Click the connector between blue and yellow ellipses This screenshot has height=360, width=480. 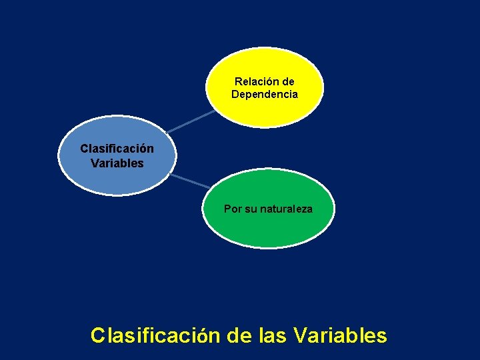[x=189, y=121]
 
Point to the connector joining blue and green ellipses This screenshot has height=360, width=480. [x=189, y=181]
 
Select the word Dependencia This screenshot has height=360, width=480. [x=265, y=94]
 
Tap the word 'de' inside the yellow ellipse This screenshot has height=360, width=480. [x=288, y=81]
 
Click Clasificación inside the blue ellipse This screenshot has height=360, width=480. [x=117, y=149]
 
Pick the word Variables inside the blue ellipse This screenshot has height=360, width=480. [x=117, y=163]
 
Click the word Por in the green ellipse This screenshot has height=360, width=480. [x=233, y=209]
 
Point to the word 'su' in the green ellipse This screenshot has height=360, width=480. [x=250, y=209]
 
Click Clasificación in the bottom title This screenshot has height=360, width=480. [x=155, y=335]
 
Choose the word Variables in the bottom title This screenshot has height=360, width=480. [x=339, y=335]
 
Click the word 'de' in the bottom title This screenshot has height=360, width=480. [x=239, y=335]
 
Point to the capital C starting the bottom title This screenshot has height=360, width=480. [x=98, y=335]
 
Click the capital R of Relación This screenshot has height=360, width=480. [x=239, y=81]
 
